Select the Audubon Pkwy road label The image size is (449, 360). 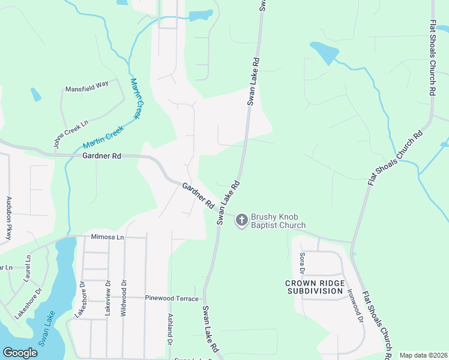[x=9, y=218]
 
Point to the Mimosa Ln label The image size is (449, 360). [x=107, y=237]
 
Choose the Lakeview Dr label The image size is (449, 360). [x=108, y=299]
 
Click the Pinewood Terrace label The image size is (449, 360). [x=171, y=298]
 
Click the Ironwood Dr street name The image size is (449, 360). [x=355, y=307]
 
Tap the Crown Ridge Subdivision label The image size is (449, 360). [x=314, y=287]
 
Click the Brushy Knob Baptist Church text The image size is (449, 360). [x=278, y=221]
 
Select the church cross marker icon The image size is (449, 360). [x=241, y=220]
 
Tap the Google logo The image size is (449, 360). [x=20, y=353]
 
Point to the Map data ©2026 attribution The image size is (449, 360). [x=423, y=355]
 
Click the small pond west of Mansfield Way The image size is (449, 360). [x=36, y=95]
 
